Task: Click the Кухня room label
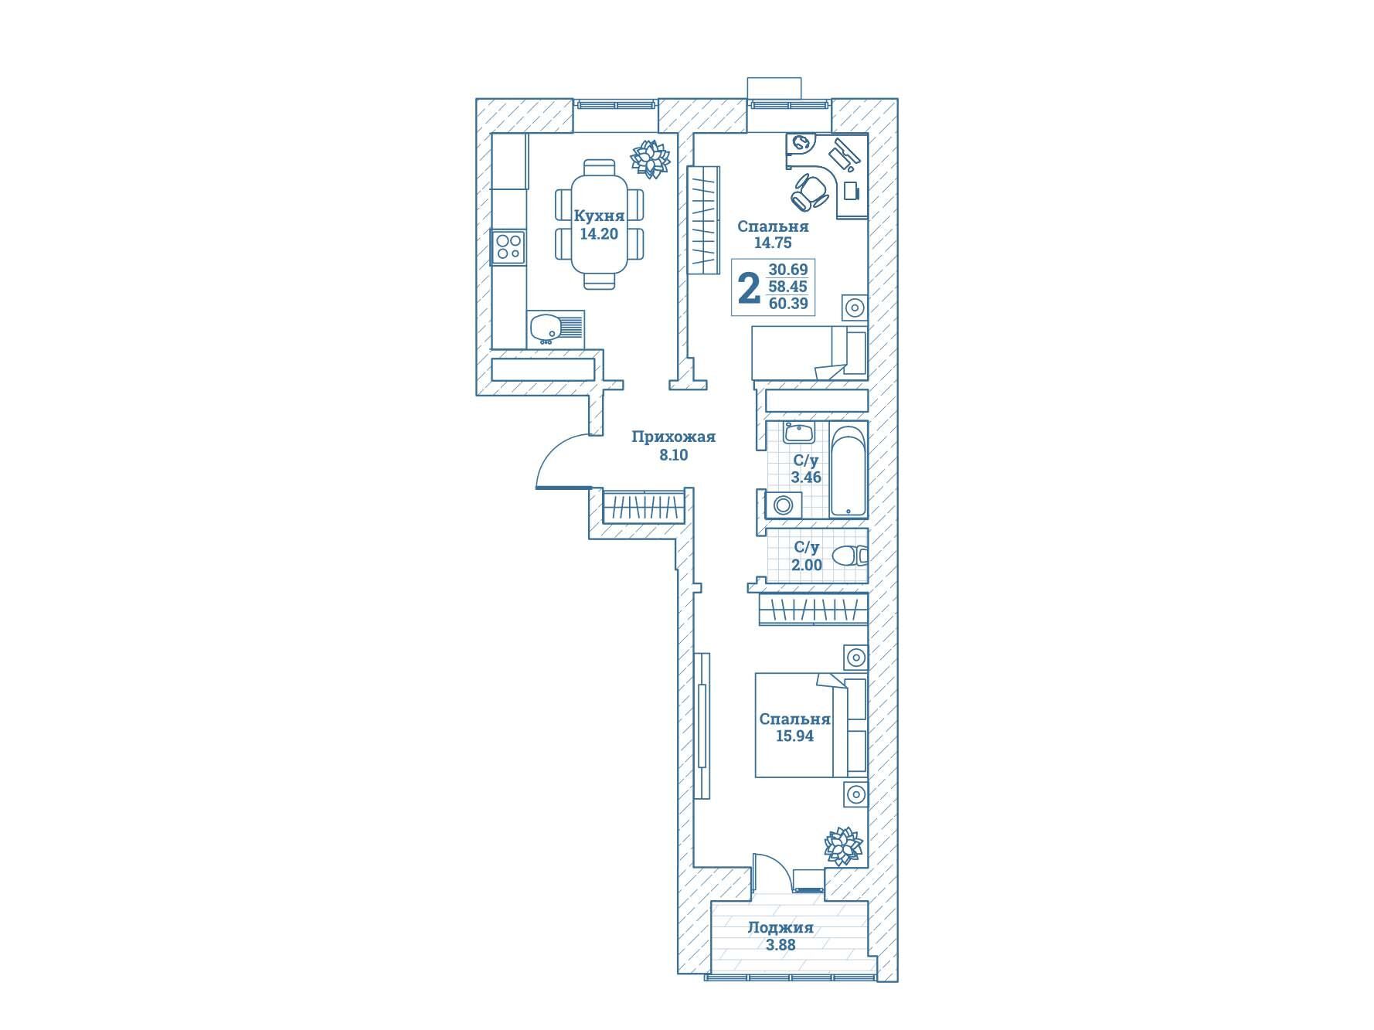[x=599, y=216]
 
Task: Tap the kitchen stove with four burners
[x=508, y=247]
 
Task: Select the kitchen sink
[x=556, y=328]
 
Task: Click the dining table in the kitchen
[x=600, y=224]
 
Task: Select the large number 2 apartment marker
[x=749, y=289]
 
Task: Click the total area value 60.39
[x=788, y=304]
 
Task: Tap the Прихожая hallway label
[x=674, y=437]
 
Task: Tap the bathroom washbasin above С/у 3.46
[x=795, y=433]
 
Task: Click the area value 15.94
[x=794, y=736]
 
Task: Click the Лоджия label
[x=781, y=928]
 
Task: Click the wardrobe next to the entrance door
[x=644, y=507]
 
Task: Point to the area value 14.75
[x=773, y=243]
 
